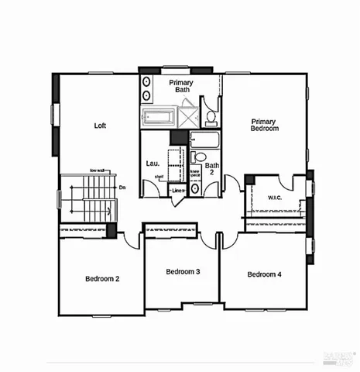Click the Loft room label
pyautogui.click(x=100, y=125)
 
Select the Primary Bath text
pyautogui.click(x=182, y=85)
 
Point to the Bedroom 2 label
pyautogui.click(x=101, y=278)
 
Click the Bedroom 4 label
pyautogui.click(x=264, y=274)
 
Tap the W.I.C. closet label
pyautogui.click(x=276, y=197)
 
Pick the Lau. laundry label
pyautogui.click(x=153, y=164)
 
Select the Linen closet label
pyautogui.click(x=179, y=190)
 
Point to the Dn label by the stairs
pyautogui.click(x=122, y=187)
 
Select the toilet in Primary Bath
pyautogui.click(x=210, y=116)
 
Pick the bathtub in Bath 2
pyautogui.click(x=205, y=141)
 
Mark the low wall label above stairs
pyautogui.click(x=98, y=170)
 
